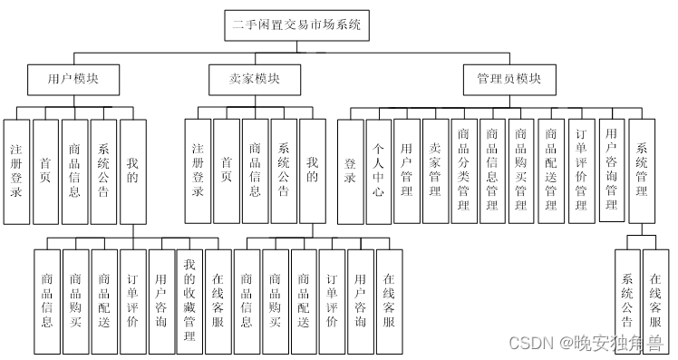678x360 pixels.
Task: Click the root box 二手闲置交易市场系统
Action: click(x=297, y=26)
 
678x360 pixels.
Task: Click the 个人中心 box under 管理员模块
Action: click(x=379, y=171)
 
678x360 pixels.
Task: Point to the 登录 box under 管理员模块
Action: click(x=350, y=171)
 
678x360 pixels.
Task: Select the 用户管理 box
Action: click(x=407, y=171)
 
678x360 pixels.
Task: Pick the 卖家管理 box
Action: click(x=435, y=171)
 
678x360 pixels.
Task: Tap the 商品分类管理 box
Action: click(x=464, y=171)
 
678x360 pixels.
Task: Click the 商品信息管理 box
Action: click(x=492, y=171)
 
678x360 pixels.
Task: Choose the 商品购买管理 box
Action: click(x=521, y=171)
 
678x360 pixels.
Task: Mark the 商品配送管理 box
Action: click(x=550, y=171)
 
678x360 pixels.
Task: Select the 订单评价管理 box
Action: click(x=580, y=171)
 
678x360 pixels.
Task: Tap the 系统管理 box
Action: click(x=642, y=171)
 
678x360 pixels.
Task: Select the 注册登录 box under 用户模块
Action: click(x=16, y=171)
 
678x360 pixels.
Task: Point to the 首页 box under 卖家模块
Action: click(x=227, y=171)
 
